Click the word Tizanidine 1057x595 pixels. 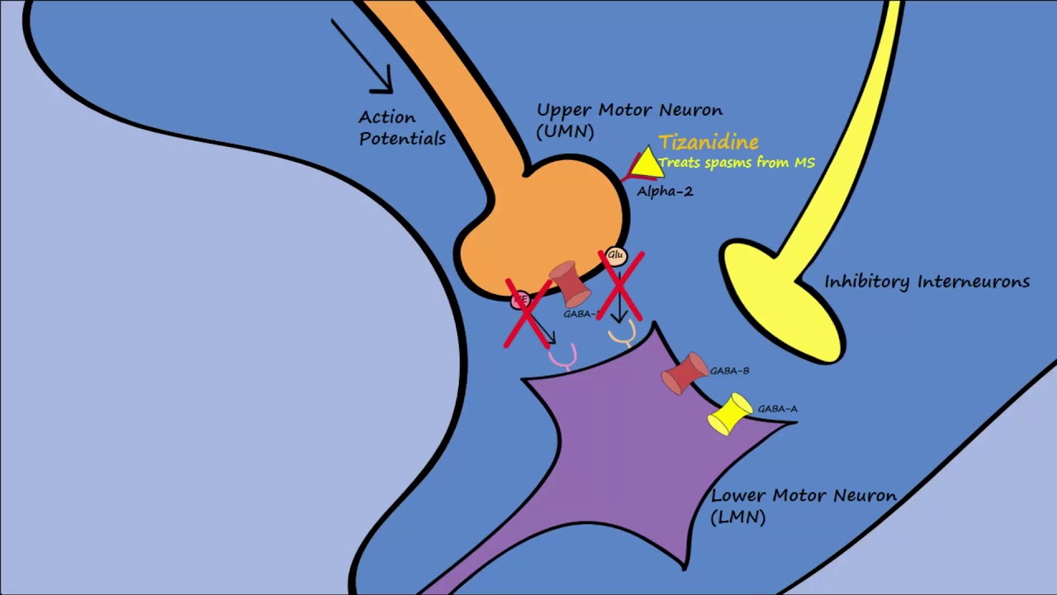(x=708, y=142)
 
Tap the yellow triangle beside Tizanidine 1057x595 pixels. (x=647, y=164)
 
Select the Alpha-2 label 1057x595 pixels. (x=664, y=192)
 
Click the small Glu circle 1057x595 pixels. (x=615, y=256)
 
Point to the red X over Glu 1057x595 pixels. (x=620, y=286)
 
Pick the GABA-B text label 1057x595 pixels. (x=729, y=371)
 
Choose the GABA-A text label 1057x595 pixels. (x=777, y=409)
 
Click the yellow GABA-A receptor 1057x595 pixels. (x=729, y=414)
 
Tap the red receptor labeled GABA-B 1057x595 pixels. (x=685, y=374)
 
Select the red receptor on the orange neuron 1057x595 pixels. (x=570, y=283)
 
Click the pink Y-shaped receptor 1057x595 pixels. (x=562, y=355)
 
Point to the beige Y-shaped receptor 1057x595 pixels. (x=622, y=334)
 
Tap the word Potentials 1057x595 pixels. (x=402, y=139)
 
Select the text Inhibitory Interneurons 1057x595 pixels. (x=927, y=282)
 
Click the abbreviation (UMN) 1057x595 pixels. (x=565, y=131)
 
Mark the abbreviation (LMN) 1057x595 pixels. (x=738, y=517)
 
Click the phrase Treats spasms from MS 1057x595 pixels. (x=737, y=163)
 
